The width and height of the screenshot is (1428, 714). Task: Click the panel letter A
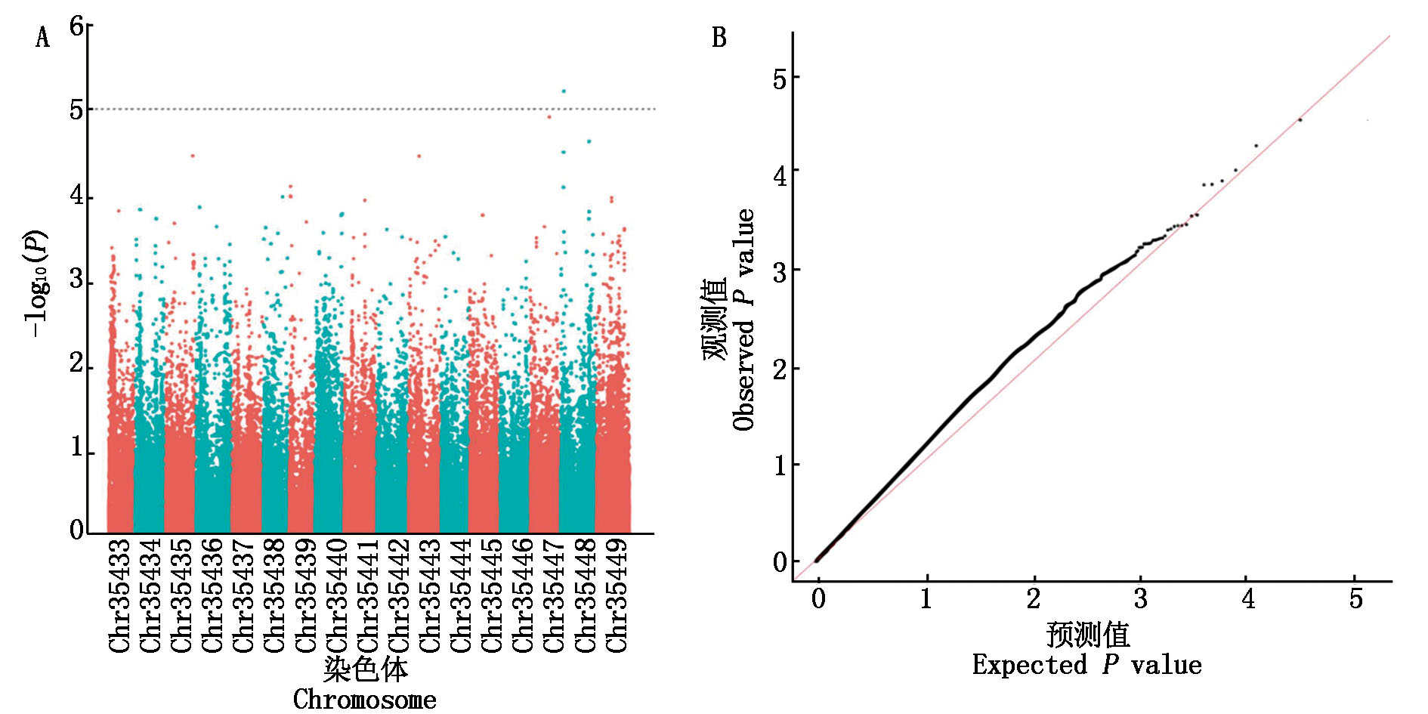pyautogui.click(x=42, y=37)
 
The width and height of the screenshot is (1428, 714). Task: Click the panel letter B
pyautogui.click(x=719, y=37)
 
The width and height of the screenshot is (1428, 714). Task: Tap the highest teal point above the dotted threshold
pyautogui.click(x=564, y=91)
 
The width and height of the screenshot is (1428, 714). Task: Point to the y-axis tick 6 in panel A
pyautogui.click(x=76, y=26)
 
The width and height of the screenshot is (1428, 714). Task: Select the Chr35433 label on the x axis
pyautogui.click(x=119, y=595)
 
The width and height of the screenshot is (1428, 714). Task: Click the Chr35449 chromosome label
pyautogui.click(x=617, y=595)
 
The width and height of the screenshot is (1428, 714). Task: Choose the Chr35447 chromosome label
pyautogui.click(x=555, y=595)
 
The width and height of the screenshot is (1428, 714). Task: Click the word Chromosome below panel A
pyautogui.click(x=364, y=699)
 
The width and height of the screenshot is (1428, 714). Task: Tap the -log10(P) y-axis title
pyautogui.click(x=36, y=283)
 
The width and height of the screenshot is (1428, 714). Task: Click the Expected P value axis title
pyautogui.click(x=1086, y=665)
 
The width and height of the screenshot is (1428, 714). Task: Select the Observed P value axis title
pyautogui.click(x=743, y=320)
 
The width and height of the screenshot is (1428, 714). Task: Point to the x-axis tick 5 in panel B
pyautogui.click(x=1355, y=599)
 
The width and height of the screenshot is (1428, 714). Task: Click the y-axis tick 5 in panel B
pyautogui.click(x=780, y=79)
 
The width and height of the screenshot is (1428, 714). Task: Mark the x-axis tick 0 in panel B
pyautogui.click(x=818, y=599)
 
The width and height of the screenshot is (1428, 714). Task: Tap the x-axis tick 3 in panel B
pyautogui.click(x=1141, y=599)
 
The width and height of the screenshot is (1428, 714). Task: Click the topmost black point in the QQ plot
pyautogui.click(x=1300, y=120)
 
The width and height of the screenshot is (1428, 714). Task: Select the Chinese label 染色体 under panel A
pyautogui.click(x=366, y=669)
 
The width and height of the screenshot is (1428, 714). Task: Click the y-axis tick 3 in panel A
pyautogui.click(x=76, y=280)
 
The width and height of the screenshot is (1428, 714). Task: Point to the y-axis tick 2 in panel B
pyautogui.click(x=780, y=369)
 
